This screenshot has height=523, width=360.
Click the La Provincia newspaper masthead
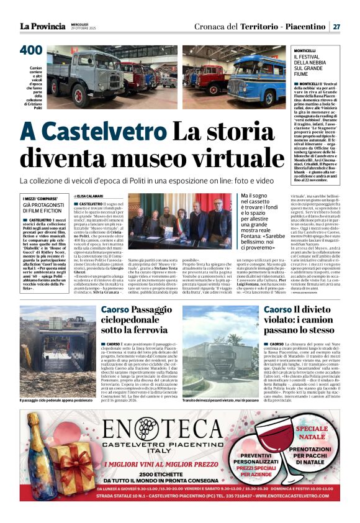click(x=42, y=26)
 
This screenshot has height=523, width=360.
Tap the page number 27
click(x=336, y=26)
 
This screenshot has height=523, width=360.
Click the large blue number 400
click(x=31, y=50)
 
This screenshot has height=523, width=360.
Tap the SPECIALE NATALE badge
click(x=312, y=432)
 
